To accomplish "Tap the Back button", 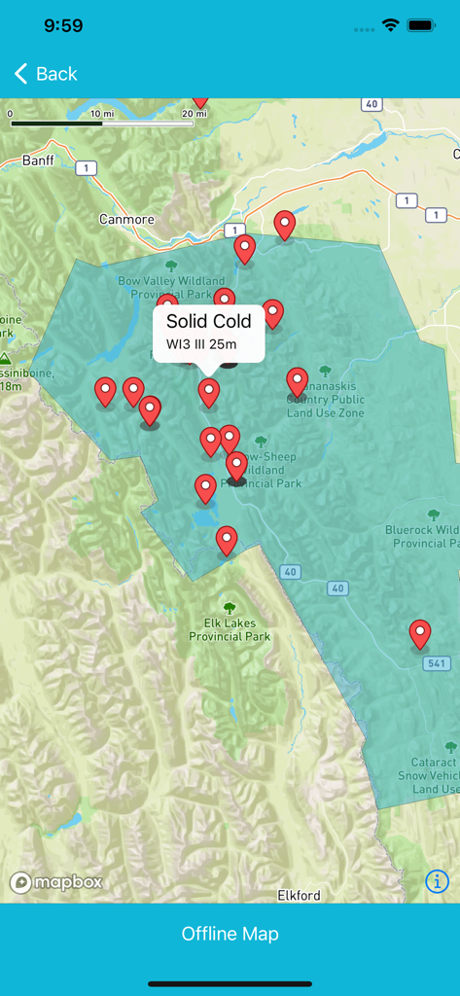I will [46, 74].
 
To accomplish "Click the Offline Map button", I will [230, 934].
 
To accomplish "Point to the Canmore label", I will [126, 219].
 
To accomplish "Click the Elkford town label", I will [299, 895].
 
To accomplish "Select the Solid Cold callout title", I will [209, 322].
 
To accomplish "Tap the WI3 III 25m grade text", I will [201, 345].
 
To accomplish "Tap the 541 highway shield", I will [438, 663].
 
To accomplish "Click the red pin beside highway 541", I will [420, 633].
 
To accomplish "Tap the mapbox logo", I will [56, 882].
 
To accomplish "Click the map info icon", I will [437, 881].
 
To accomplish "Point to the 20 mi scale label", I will [195, 114].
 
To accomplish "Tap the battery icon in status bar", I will [421, 26].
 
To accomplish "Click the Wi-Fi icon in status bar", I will [391, 26].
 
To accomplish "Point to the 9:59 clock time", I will [62, 26].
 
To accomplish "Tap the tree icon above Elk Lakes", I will [230, 609].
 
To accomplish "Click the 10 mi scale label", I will [101, 114].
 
